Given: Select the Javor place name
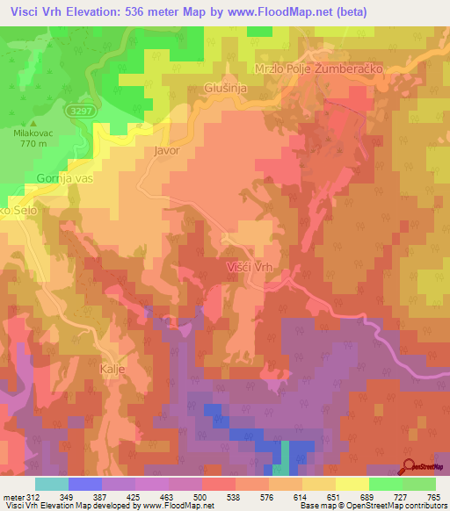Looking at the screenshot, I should tap(166, 150).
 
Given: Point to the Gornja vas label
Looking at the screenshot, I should tap(63, 178).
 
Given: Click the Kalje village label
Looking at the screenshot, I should tap(113, 369).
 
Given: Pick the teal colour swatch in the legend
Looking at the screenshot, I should tap(52, 484).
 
